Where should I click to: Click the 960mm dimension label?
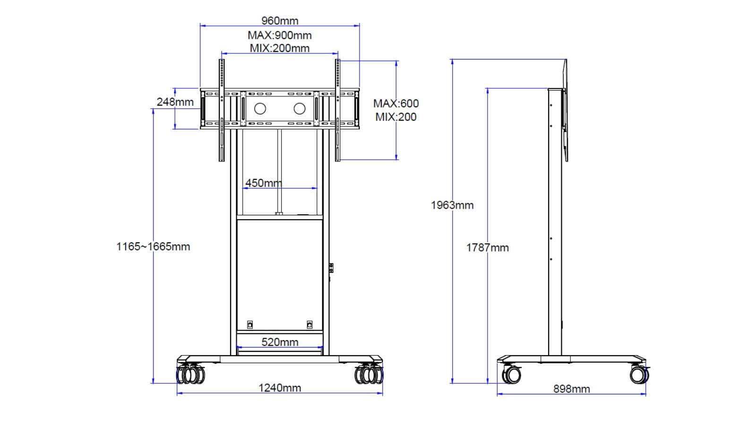click(x=280, y=21)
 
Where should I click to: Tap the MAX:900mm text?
click(x=280, y=35)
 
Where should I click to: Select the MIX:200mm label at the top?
click(x=280, y=48)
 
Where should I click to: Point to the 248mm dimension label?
click(x=175, y=102)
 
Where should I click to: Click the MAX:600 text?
click(x=396, y=103)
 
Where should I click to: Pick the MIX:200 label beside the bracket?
click(x=396, y=117)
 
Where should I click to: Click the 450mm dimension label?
click(x=263, y=183)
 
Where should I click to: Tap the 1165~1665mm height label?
click(x=153, y=246)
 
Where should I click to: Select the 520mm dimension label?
click(x=280, y=342)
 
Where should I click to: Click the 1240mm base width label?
click(x=280, y=388)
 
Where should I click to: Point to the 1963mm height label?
click(x=452, y=205)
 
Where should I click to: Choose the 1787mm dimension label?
click(x=487, y=247)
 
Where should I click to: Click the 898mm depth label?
click(x=572, y=389)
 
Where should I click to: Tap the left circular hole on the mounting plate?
click(x=260, y=109)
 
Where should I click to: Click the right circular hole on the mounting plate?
click(x=300, y=109)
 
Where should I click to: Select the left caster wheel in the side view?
click(x=512, y=374)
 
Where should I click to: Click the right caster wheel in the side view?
click(x=639, y=374)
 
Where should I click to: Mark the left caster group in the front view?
click(x=191, y=374)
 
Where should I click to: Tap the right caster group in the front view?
click(x=369, y=374)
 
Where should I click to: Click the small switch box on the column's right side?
click(x=331, y=268)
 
